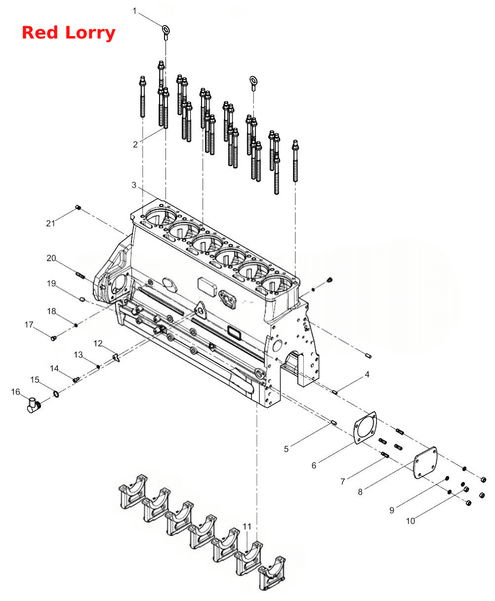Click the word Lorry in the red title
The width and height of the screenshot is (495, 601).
[90, 34]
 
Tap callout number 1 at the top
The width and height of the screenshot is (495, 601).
[134, 11]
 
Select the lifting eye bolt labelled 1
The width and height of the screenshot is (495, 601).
[165, 32]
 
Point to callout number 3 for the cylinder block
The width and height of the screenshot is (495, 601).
[134, 185]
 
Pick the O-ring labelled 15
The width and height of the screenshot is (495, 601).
[56, 394]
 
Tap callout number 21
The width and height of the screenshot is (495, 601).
[50, 223]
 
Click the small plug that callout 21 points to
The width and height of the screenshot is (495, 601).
[78, 207]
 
